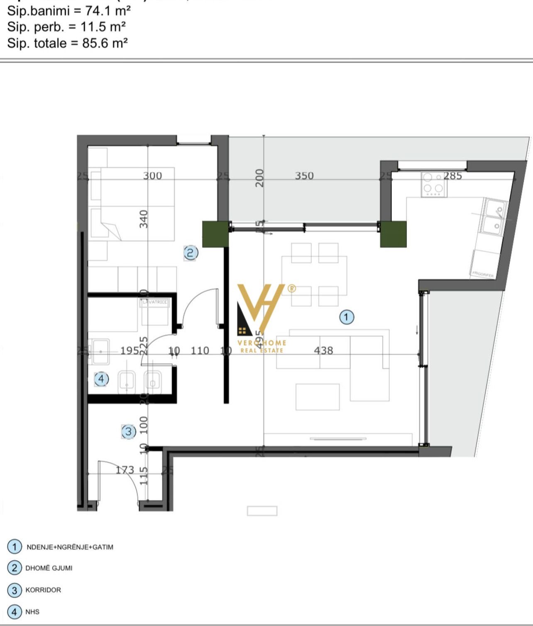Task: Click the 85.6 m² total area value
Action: [x=105, y=43]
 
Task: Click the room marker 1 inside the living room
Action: [x=347, y=317]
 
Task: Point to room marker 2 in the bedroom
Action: [x=191, y=253]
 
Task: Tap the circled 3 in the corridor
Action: [x=128, y=432]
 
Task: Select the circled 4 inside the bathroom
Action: [x=101, y=379]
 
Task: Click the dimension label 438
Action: [x=323, y=351]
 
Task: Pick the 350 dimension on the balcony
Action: [x=304, y=176]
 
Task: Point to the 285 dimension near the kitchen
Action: [x=452, y=176]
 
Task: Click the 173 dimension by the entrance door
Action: [x=125, y=470]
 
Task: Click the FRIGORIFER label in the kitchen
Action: [x=483, y=274]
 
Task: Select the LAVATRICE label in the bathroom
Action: [x=155, y=302]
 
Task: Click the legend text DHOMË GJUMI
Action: [x=49, y=568]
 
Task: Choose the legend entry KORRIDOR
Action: [x=43, y=590]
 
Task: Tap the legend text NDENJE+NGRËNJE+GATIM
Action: [x=70, y=547]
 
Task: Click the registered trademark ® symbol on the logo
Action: [x=292, y=288]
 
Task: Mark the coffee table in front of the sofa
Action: [x=318, y=397]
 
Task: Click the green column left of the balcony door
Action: [x=215, y=234]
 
